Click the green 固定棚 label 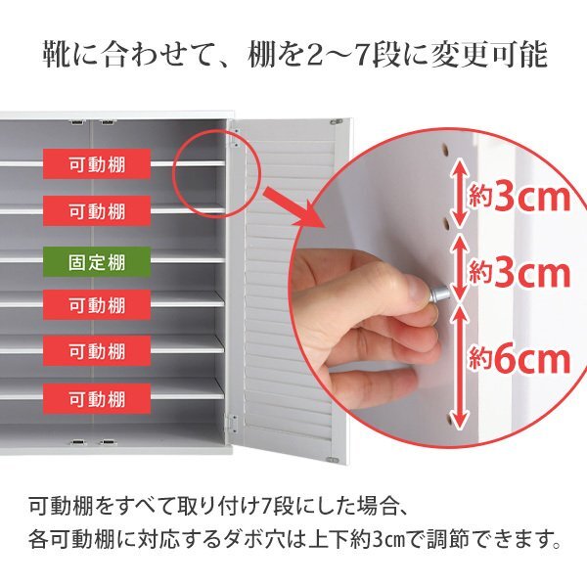pyautogui.click(x=97, y=261)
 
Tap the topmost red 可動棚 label pyautogui.click(x=97, y=162)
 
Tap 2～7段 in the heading pyautogui.click(x=377, y=55)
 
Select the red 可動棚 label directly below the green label pyautogui.click(x=97, y=305)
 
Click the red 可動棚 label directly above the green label pyautogui.click(x=97, y=209)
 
